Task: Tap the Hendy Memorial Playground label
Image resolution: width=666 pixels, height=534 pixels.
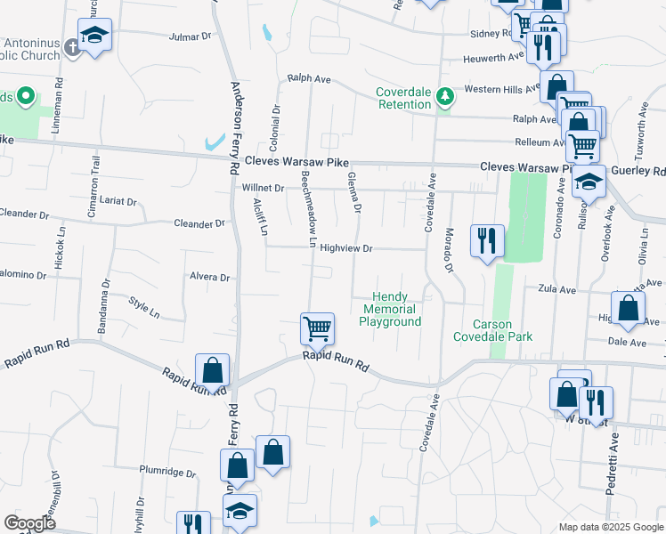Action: coord(390,309)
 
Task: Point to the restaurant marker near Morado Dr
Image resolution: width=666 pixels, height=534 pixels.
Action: coord(487,240)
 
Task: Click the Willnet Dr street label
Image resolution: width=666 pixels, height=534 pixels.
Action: coord(262,189)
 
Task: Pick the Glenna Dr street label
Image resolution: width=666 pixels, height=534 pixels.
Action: coord(354,192)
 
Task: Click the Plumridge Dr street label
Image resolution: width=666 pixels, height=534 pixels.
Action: coord(166,470)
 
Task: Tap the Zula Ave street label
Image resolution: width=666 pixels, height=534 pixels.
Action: coord(557,288)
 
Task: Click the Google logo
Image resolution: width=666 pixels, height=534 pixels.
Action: coord(29,523)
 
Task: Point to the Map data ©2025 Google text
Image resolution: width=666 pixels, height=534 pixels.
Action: coord(610,527)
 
